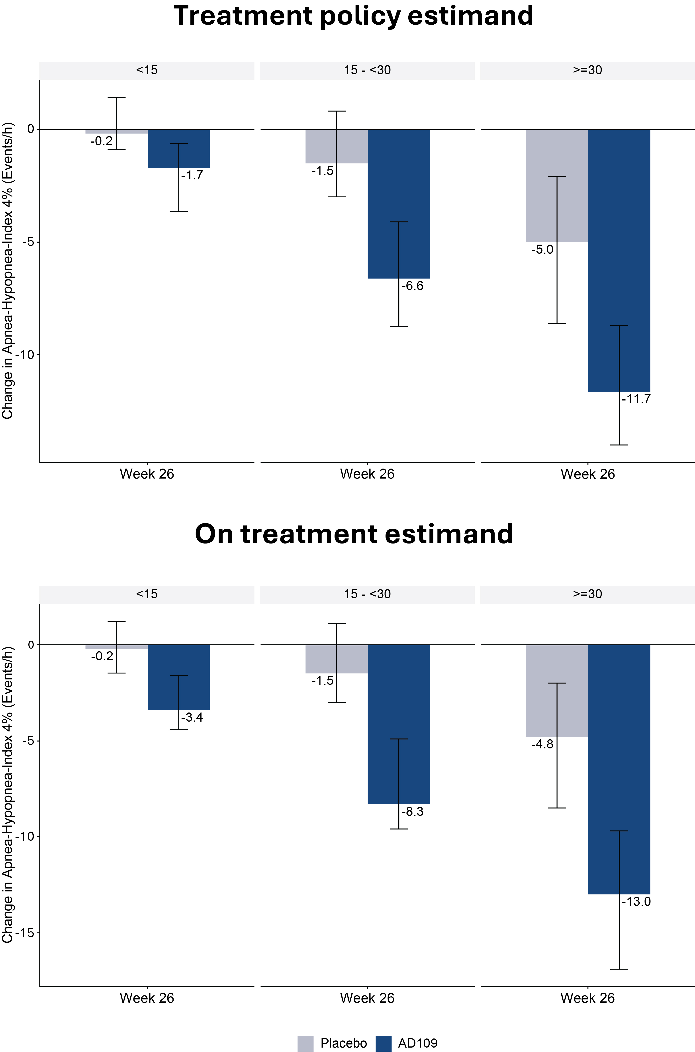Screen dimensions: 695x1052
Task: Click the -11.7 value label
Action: click(x=636, y=399)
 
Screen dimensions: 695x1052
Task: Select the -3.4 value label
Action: click(x=192, y=717)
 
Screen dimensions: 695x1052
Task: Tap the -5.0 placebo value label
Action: click(x=542, y=250)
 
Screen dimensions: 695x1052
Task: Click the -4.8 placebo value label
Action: click(x=542, y=744)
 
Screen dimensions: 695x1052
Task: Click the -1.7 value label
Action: click(x=192, y=176)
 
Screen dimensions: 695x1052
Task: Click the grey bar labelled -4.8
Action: click(x=557, y=691)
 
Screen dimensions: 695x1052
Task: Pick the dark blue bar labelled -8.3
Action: click(x=399, y=724)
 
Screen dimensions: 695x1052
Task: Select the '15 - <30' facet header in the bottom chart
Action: click(x=367, y=594)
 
